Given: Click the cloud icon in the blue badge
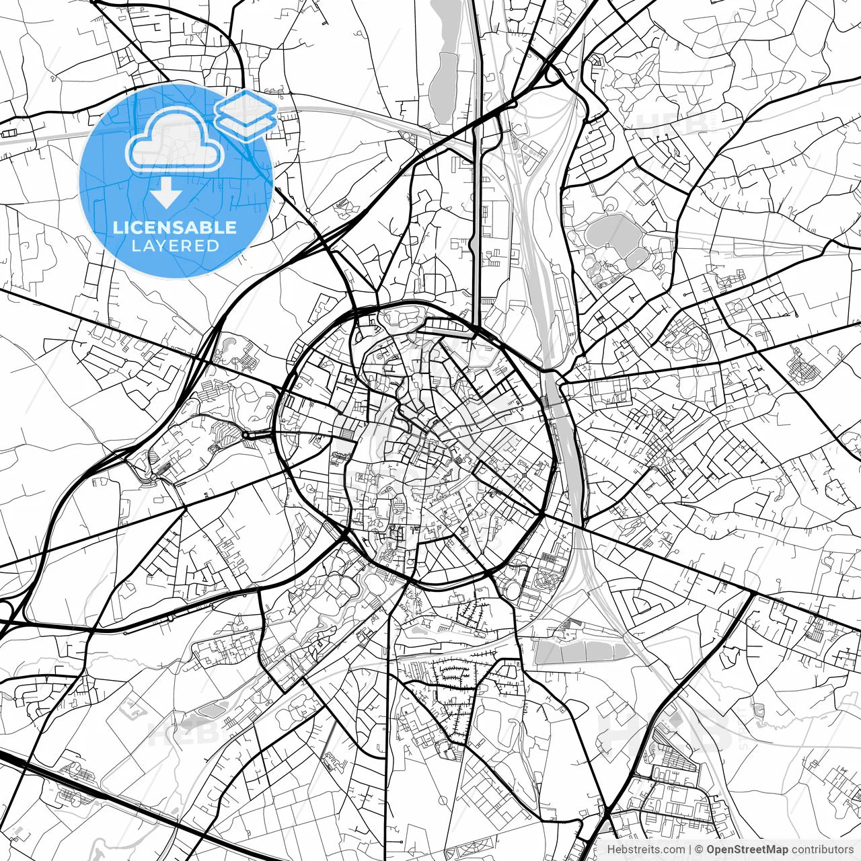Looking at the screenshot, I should [176, 140].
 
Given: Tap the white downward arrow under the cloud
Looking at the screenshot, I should [165, 195].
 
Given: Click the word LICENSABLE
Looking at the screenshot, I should [175, 227].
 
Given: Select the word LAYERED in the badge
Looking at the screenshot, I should [175, 246].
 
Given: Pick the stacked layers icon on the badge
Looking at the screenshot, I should [246, 114].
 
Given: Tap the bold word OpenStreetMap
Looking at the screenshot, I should [747, 850].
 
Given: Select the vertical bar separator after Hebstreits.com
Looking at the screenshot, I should [690, 850].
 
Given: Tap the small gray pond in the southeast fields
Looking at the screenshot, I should [758, 709].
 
